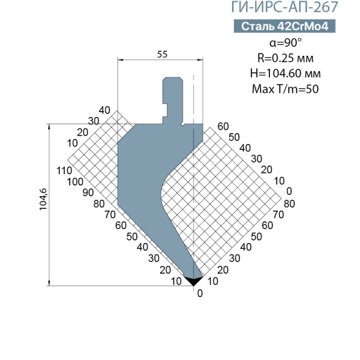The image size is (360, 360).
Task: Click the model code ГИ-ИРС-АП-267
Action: [284, 7]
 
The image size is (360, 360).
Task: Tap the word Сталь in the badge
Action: [257, 26]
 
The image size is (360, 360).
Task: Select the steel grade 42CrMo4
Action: [302, 26]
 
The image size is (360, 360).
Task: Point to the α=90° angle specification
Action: [286, 43]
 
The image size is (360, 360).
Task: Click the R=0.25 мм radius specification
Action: [286, 58]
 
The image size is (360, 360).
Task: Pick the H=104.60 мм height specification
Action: [286, 73]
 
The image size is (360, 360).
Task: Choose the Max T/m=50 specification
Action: [286, 89]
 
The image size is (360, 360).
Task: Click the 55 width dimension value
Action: [163, 55]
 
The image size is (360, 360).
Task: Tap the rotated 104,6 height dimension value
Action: [43, 199]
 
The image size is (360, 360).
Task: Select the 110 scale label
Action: [64, 170]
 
